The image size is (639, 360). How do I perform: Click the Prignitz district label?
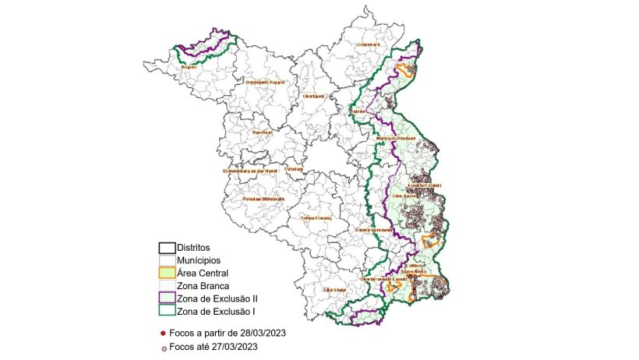[188, 68]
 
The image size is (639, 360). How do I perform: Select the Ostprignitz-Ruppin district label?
[266, 82]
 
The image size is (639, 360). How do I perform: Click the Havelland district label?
[262, 132]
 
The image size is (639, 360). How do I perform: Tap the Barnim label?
[358, 112]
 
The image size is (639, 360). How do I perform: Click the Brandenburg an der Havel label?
[250, 171]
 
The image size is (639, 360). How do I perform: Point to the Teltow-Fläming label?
[316, 218]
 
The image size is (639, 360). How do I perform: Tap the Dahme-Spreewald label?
[373, 230]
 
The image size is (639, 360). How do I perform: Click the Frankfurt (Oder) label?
[425, 185]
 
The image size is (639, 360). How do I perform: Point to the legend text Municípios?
[199, 260]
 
